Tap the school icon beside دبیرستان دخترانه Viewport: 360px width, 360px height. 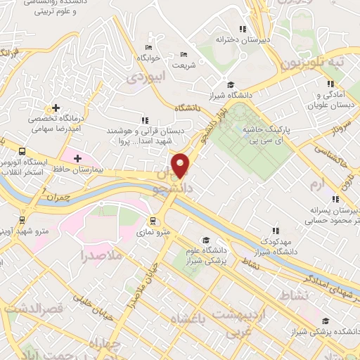[243, 29]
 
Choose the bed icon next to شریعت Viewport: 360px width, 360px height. [184, 55]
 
